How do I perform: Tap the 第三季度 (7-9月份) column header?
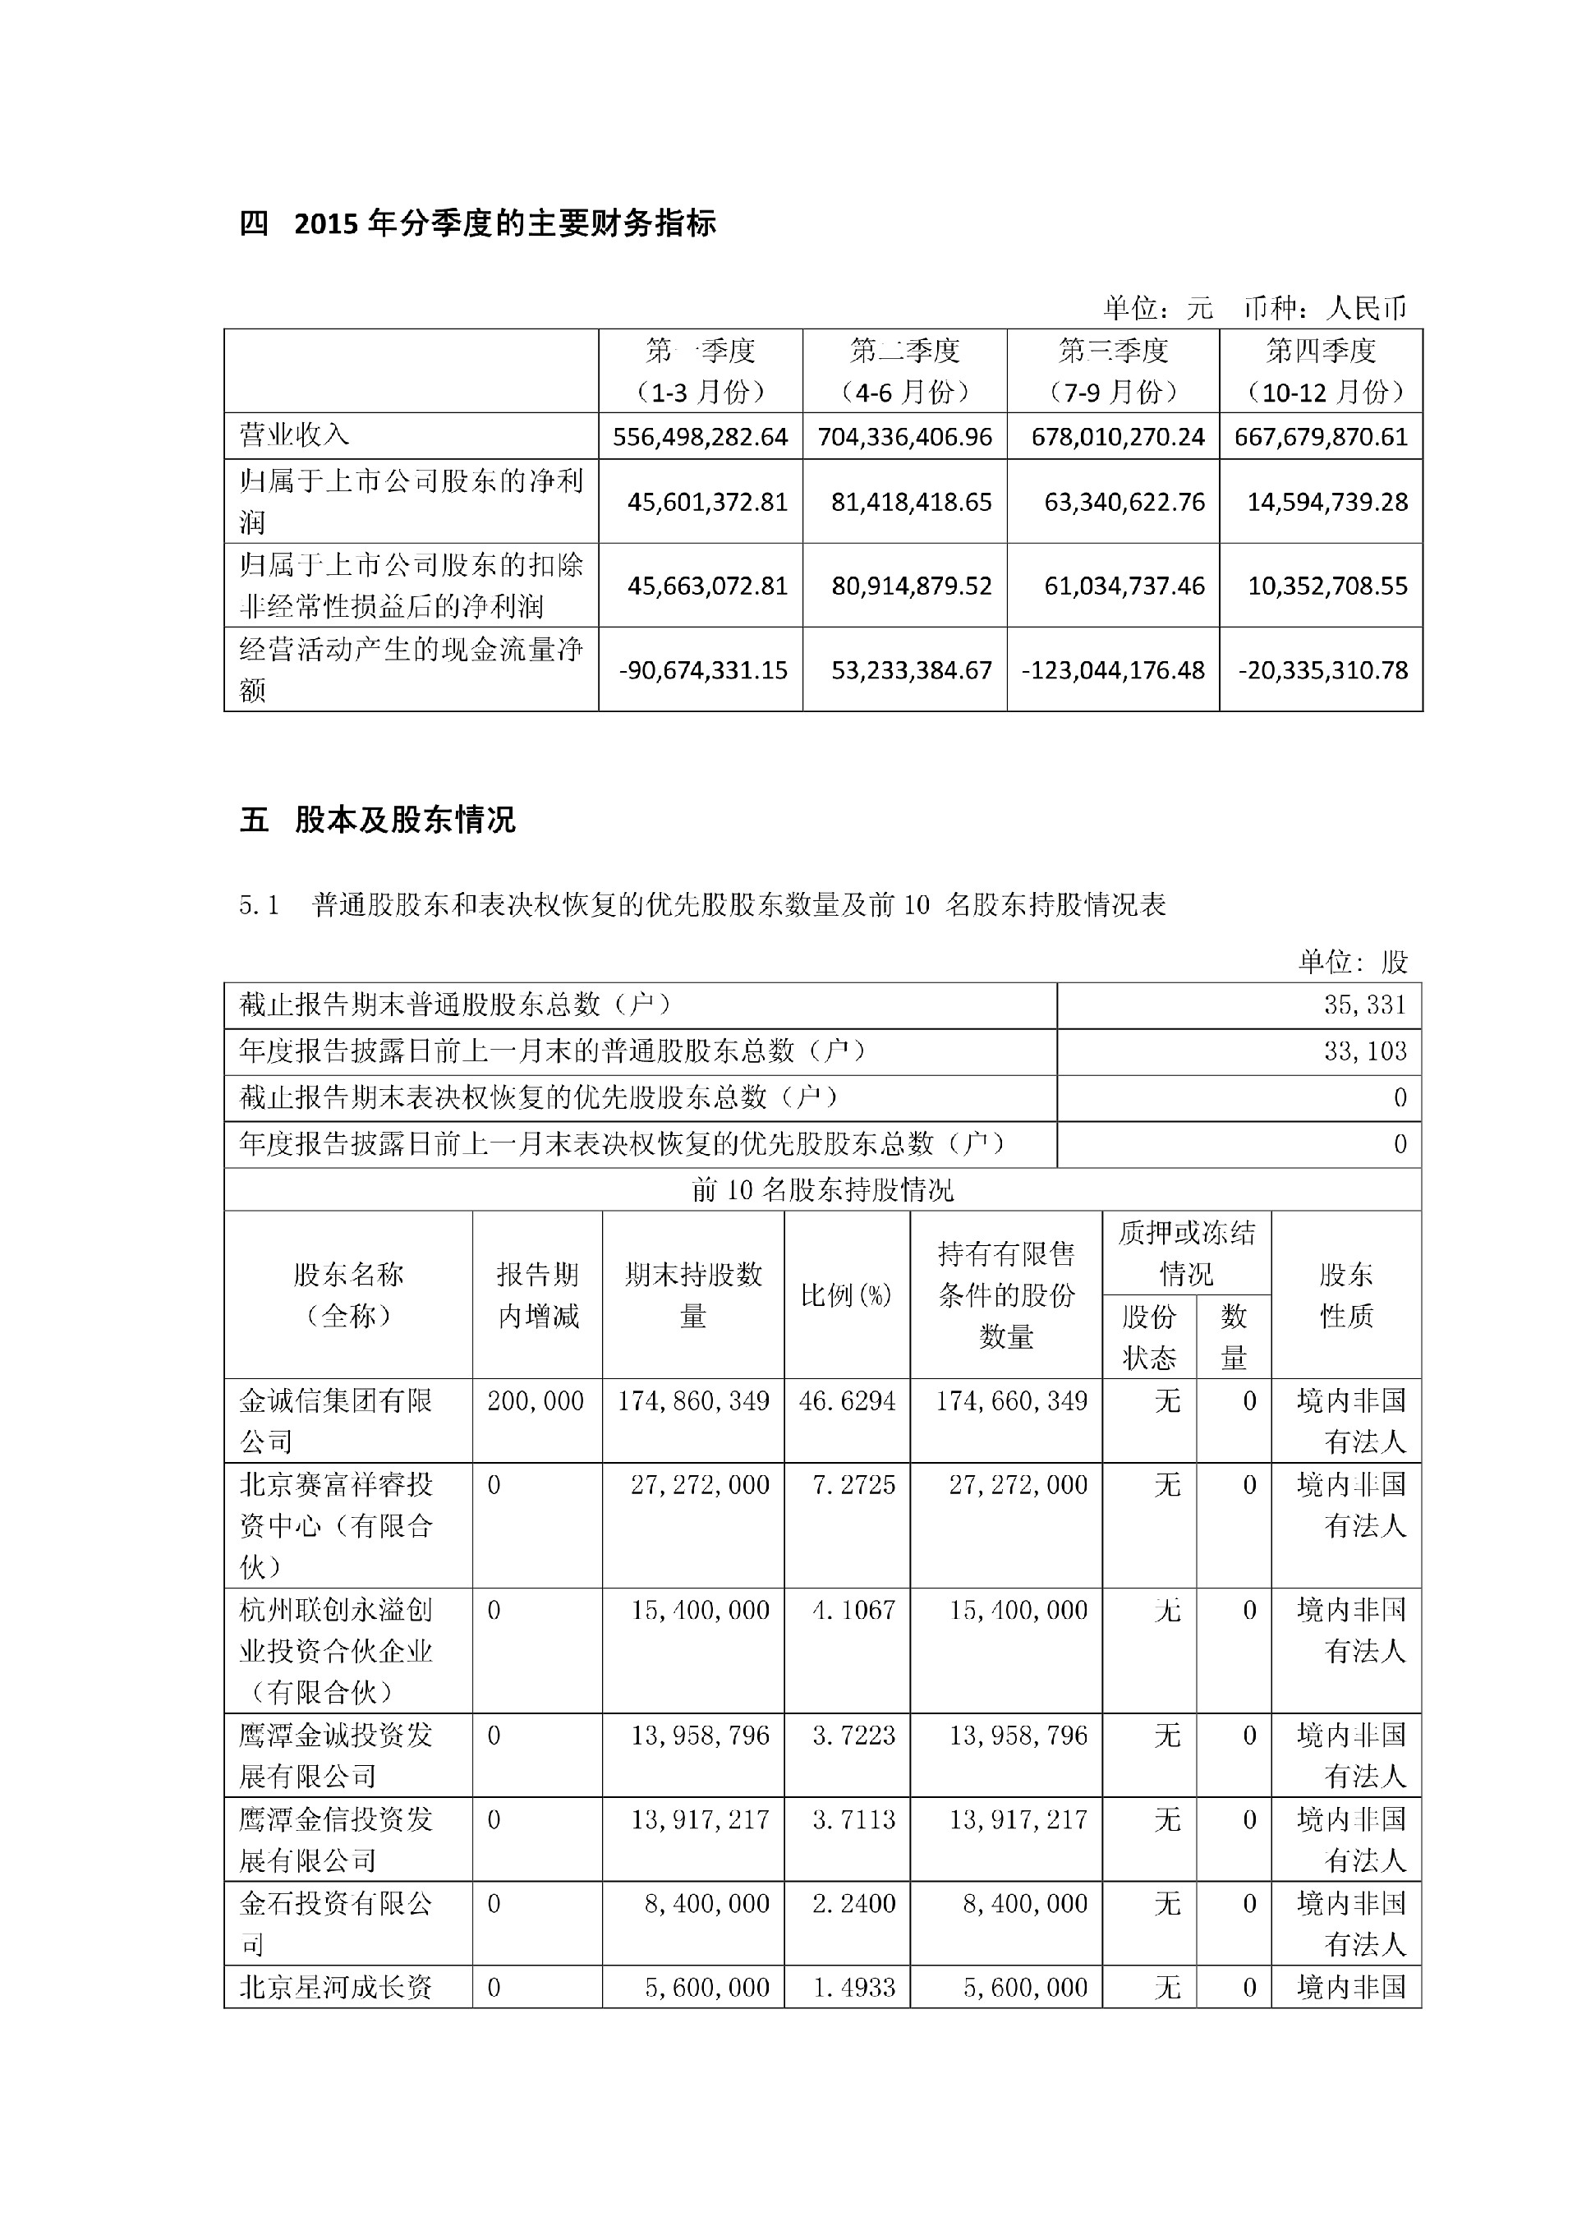(x=1113, y=371)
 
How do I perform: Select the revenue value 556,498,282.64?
(x=700, y=437)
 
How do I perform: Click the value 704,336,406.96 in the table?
(x=905, y=437)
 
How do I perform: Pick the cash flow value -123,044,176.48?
(x=1114, y=670)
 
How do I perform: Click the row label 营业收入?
(x=294, y=435)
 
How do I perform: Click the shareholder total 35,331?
(x=1365, y=1005)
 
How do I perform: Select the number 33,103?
(x=1365, y=1051)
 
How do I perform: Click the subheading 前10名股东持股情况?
(x=822, y=1190)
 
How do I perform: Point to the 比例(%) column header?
(x=846, y=1294)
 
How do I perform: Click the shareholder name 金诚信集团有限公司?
(x=336, y=1421)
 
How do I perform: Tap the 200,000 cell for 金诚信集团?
(x=536, y=1400)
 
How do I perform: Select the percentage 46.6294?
(x=847, y=1400)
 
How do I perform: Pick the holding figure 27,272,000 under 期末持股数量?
(x=700, y=1484)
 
